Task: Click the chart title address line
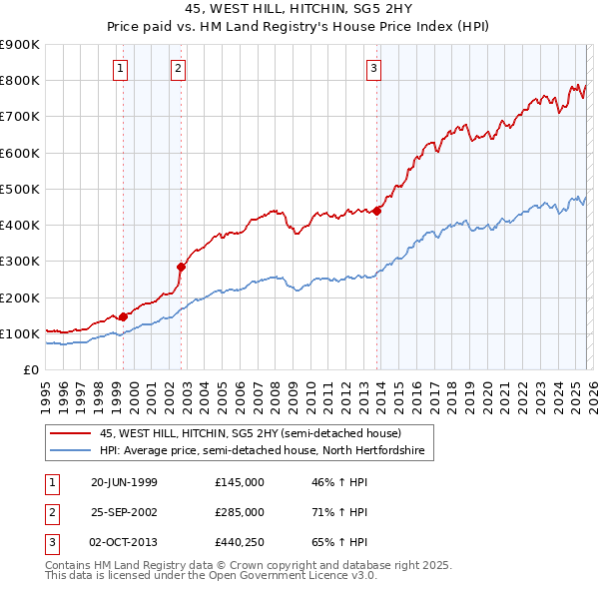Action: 299,10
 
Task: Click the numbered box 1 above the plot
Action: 120,69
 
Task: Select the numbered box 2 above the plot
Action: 178,69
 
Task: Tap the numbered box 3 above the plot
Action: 372,69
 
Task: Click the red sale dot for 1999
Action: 124,316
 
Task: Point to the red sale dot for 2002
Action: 182,267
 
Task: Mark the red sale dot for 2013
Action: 377,210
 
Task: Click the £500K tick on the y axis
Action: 20,189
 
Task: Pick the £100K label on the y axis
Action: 20,333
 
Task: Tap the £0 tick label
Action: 30,369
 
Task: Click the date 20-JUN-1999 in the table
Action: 124,482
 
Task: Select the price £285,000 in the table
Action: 240,512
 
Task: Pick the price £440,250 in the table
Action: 240,542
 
